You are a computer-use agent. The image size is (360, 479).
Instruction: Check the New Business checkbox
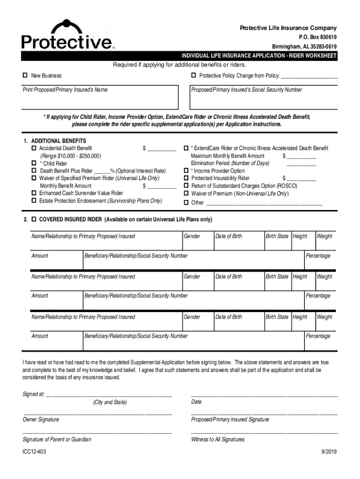click(x=25, y=76)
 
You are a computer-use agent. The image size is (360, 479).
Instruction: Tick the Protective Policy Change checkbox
click(x=193, y=76)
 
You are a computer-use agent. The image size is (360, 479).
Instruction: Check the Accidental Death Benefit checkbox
click(x=34, y=148)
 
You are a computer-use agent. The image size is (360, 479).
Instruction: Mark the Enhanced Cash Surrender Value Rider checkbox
click(x=34, y=193)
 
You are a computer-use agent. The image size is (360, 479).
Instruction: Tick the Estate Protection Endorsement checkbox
click(x=34, y=201)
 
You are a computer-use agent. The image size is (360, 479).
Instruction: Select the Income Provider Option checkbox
click(x=186, y=171)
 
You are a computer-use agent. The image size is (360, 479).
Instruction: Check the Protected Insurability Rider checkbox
click(x=186, y=178)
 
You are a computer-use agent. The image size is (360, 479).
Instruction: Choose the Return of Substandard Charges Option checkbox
click(x=186, y=186)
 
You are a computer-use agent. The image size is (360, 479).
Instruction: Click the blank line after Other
click(x=264, y=204)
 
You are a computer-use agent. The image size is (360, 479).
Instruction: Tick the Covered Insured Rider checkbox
click(x=34, y=219)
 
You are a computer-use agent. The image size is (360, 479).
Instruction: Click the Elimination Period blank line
click(x=301, y=164)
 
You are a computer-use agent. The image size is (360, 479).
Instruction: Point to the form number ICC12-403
click(x=35, y=452)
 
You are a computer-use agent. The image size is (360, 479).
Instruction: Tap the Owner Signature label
click(x=41, y=420)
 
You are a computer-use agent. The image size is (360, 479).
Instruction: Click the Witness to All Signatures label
click(x=217, y=440)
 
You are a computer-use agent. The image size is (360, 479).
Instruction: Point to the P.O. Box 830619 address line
click(x=317, y=37)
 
